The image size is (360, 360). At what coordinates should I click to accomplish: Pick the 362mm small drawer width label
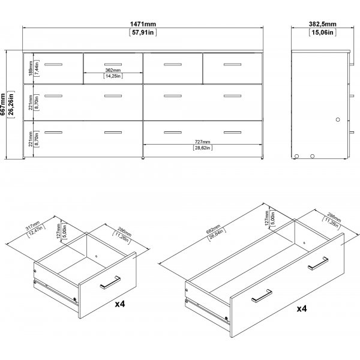click(x=113, y=70)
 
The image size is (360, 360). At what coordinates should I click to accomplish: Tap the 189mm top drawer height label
click(x=30, y=68)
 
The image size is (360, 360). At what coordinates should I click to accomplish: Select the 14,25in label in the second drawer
click(x=113, y=76)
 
